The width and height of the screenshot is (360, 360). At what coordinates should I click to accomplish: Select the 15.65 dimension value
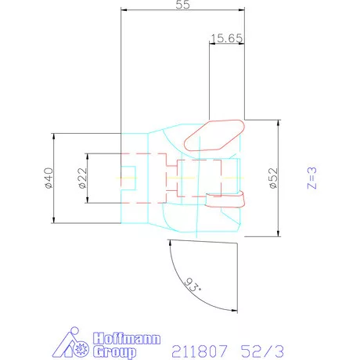pyautogui.click(x=225, y=38)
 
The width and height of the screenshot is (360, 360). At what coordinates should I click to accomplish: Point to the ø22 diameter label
pyautogui.click(x=81, y=178)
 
